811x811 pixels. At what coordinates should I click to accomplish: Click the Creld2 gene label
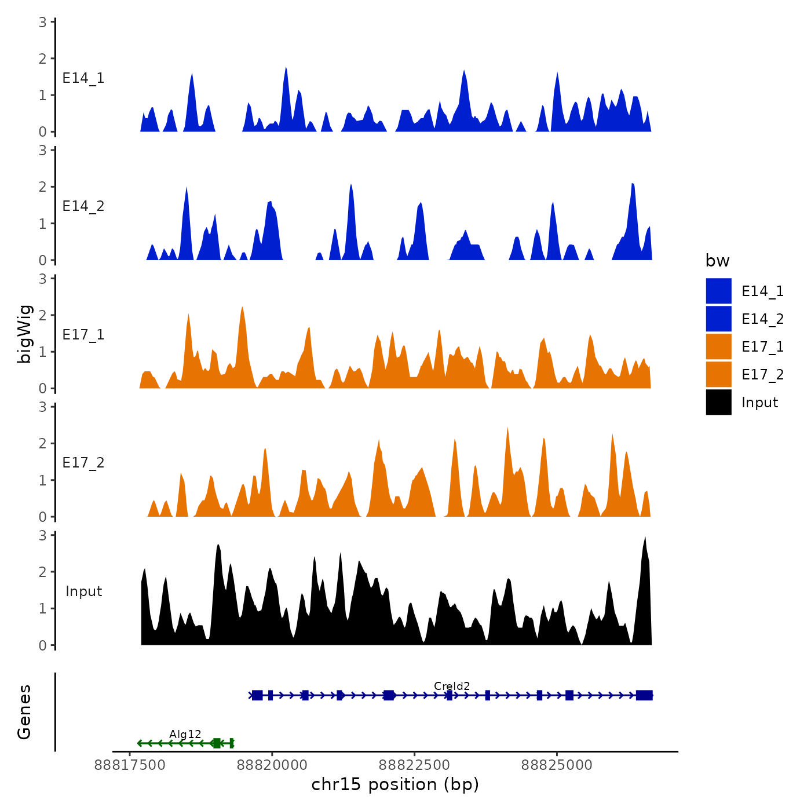coord(452,686)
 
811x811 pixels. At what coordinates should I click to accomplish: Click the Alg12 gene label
coord(185,735)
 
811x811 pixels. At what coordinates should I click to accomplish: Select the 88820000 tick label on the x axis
coord(272,765)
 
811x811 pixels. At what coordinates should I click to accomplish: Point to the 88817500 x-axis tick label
coord(130,765)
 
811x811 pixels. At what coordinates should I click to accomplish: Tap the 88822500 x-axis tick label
coord(414,765)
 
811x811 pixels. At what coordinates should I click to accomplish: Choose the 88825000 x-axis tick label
coord(557,765)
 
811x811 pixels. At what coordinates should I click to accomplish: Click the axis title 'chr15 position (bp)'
coord(395,784)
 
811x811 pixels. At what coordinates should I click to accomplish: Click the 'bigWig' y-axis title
coord(24,334)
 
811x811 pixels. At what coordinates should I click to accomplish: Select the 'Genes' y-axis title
coord(24,712)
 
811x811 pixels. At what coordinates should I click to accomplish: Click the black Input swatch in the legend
coord(718,402)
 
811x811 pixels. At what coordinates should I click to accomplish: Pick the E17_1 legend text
coord(762,347)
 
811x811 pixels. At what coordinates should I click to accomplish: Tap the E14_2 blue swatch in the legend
coord(718,319)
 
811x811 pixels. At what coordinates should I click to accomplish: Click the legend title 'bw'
coord(717,261)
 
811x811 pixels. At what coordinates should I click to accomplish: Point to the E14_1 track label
coord(83,78)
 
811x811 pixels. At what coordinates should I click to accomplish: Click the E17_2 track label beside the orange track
coord(83,463)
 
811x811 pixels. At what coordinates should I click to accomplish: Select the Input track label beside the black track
coord(83,591)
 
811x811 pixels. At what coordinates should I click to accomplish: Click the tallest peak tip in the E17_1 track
coord(242,308)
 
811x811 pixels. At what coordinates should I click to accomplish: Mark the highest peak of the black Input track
coord(645,538)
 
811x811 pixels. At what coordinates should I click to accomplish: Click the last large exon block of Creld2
coord(644,695)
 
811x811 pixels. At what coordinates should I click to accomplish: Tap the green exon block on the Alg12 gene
coord(217,743)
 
